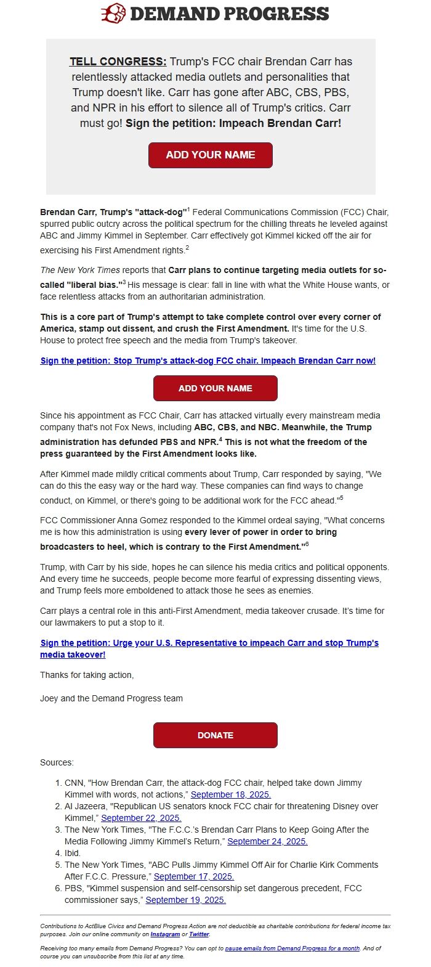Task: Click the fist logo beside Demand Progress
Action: click(113, 13)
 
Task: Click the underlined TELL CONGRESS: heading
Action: click(118, 62)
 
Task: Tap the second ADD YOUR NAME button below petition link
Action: click(215, 388)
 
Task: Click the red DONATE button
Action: click(215, 735)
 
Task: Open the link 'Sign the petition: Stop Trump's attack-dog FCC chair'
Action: click(207, 361)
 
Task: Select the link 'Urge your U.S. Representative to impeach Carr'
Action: click(209, 643)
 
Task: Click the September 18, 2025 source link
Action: click(231, 794)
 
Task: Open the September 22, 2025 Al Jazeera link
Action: click(141, 818)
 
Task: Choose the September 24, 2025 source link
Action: click(267, 841)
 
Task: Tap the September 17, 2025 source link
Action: click(194, 876)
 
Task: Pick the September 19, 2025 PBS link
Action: click(186, 900)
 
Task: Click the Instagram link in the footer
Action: click(165, 934)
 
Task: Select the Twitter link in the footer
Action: click(199, 934)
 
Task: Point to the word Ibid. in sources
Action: click(73, 853)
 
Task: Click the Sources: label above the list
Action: click(57, 762)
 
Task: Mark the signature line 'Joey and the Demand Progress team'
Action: click(111, 698)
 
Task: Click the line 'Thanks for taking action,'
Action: click(87, 675)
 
